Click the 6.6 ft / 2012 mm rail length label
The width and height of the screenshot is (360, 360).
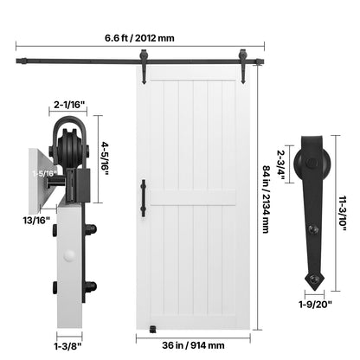pyautogui.click(x=139, y=38)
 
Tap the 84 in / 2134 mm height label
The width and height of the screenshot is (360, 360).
pyautogui.click(x=267, y=199)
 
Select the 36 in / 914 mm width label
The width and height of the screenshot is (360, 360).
pyautogui.click(x=193, y=345)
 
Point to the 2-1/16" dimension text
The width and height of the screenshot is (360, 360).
pyautogui.click(x=67, y=105)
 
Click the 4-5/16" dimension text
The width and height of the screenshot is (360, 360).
pyautogui.click(x=105, y=158)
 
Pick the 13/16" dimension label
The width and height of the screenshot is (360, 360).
pyautogui.click(x=36, y=221)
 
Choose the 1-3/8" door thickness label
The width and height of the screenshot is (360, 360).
pyautogui.click(x=68, y=345)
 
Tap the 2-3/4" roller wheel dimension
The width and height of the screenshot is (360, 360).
pyautogui.click(x=281, y=165)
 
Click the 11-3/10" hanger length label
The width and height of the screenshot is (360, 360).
pyautogui.click(x=343, y=214)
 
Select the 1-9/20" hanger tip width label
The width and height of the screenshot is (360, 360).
pyautogui.click(x=315, y=304)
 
